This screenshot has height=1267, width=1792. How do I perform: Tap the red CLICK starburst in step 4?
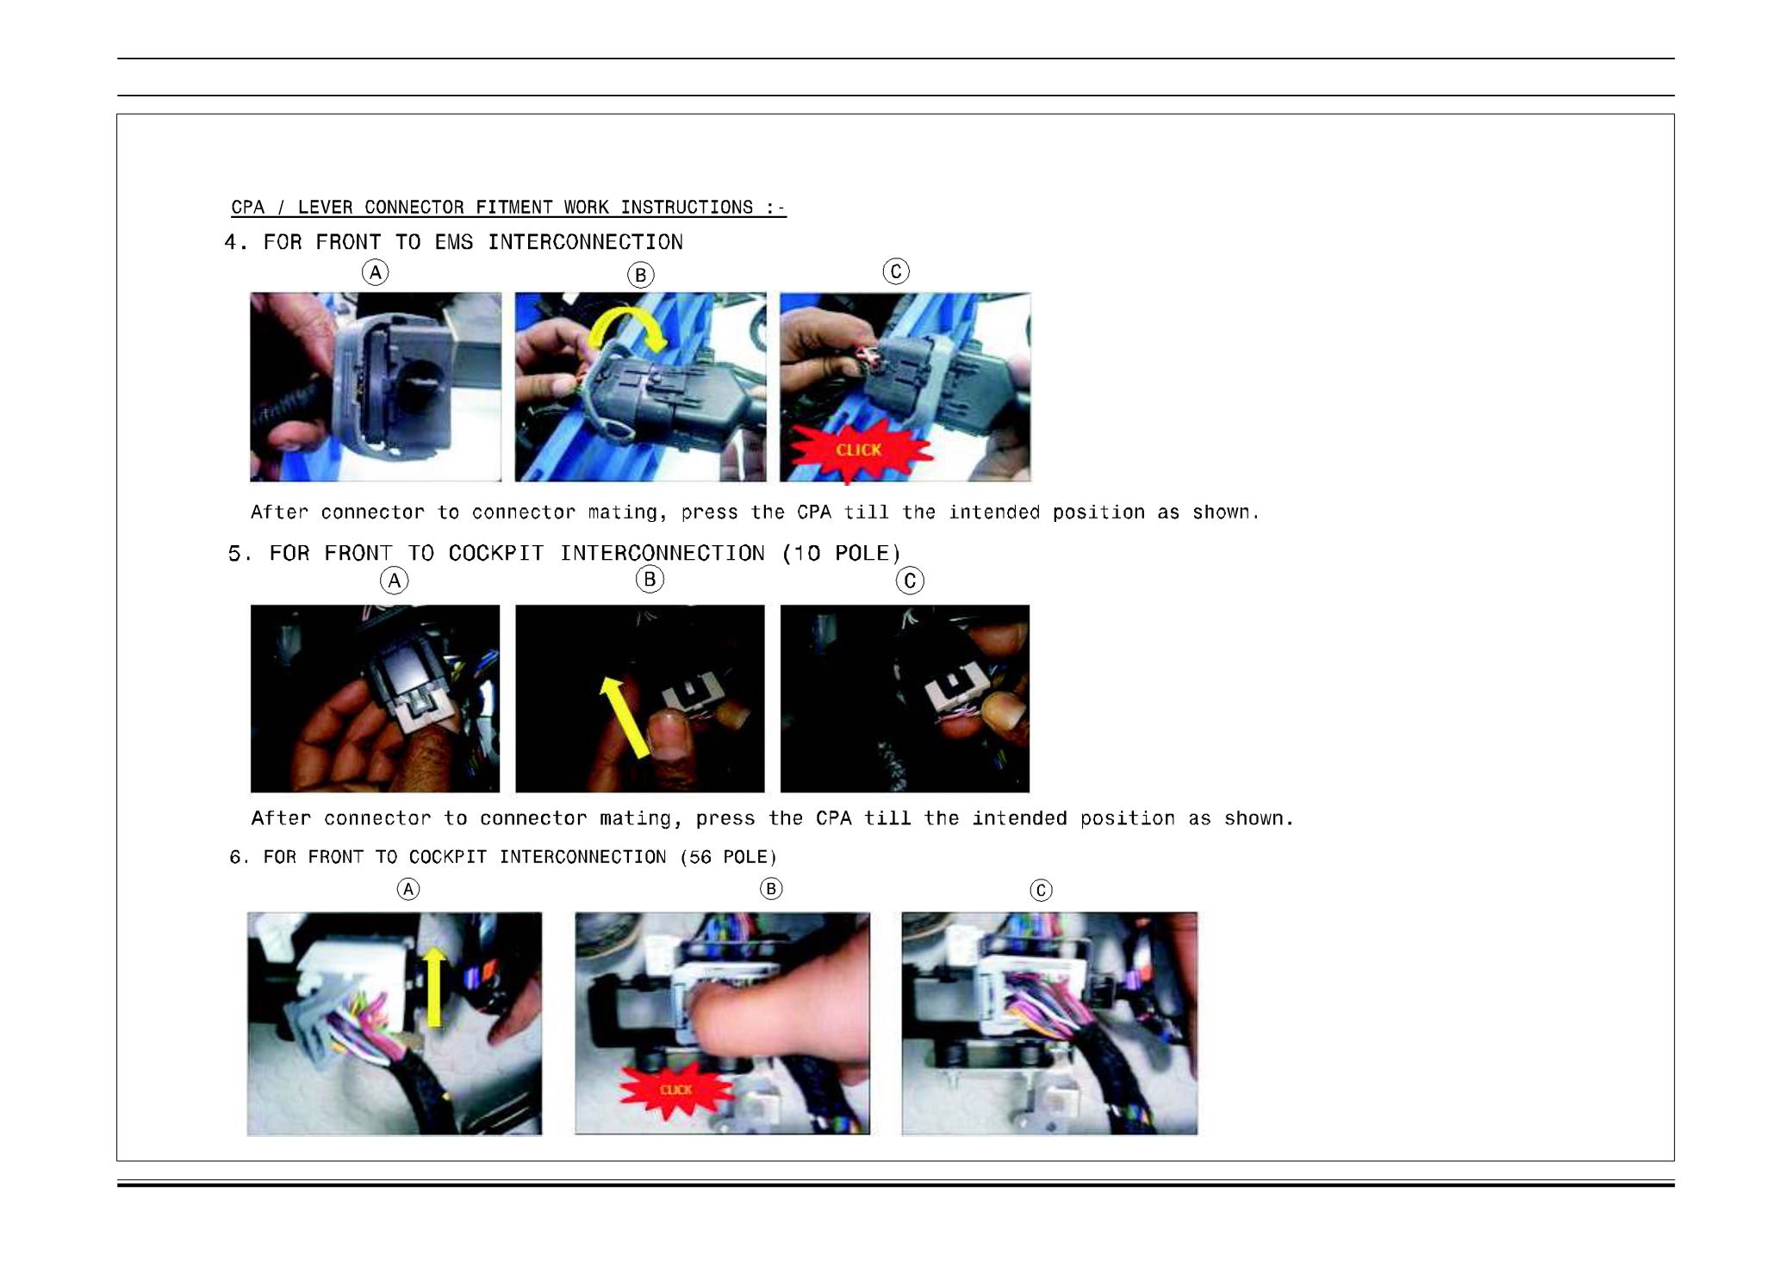[x=860, y=450]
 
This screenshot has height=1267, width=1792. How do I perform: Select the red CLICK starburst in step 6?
[x=675, y=1089]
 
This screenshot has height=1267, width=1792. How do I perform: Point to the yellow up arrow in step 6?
[x=435, y=987]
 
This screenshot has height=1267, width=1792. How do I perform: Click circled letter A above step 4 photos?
[x=375, y=273]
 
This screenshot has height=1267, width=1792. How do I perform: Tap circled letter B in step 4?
[x=640, y=276]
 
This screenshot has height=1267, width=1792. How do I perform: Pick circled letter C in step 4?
[x=896, y=272]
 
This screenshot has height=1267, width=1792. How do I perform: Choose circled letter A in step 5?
[x=395, y=581]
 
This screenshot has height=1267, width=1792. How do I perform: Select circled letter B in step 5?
[x=650, y=579]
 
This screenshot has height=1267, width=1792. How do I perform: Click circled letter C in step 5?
[x=910, y=581]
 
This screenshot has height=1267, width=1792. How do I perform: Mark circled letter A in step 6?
[x=408, y=889]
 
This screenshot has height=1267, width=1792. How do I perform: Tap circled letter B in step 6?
[x=771, y=889]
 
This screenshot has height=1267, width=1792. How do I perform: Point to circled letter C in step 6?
[x=1042, y=890]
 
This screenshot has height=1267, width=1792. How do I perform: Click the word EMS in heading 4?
[x=454, y=242]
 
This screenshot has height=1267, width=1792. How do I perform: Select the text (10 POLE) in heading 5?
[x=842, y=553]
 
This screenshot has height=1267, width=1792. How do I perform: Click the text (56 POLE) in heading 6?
[x=729, y=857]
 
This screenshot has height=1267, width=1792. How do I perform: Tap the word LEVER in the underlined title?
[x=326, y=208]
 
